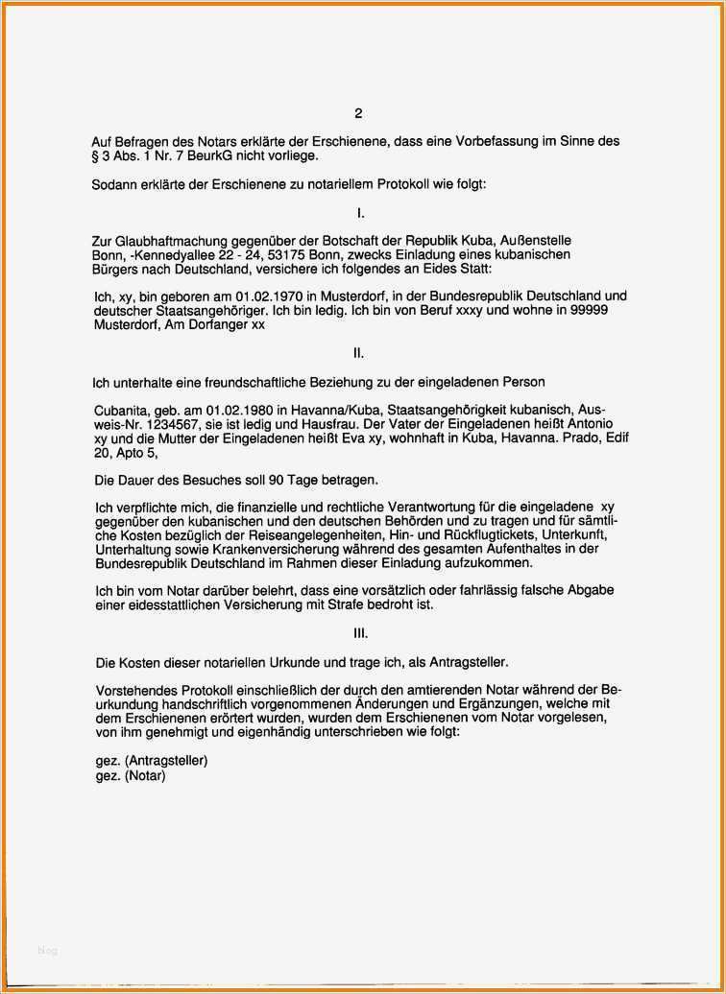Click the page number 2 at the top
(358, 113)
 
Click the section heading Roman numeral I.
(359, 212)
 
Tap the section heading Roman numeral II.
(358, 353)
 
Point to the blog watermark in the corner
(48, 951)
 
